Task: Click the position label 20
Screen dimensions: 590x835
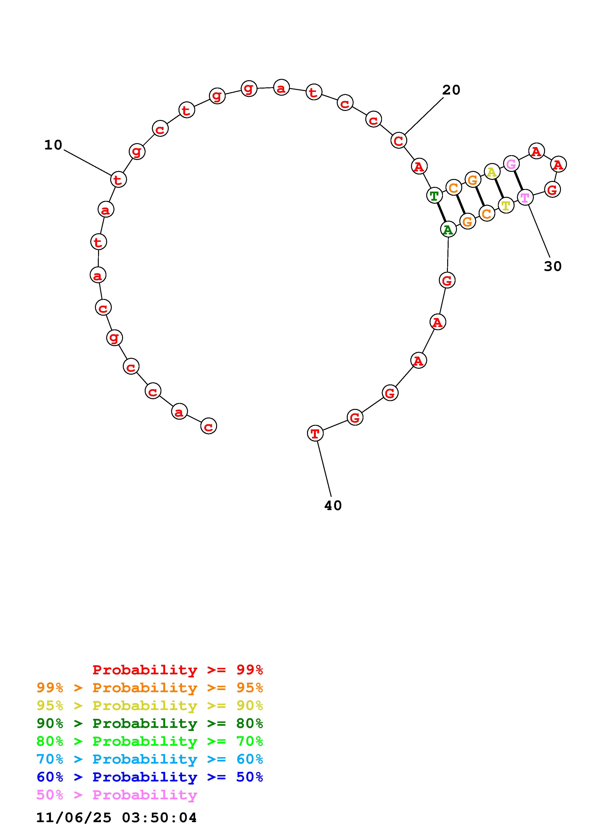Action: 451,90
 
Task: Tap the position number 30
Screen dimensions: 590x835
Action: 553,266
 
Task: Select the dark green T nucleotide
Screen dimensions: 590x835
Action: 434,196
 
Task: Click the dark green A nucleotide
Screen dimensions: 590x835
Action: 448,229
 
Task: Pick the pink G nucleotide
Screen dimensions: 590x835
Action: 511,164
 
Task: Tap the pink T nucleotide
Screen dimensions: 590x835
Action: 525,198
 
